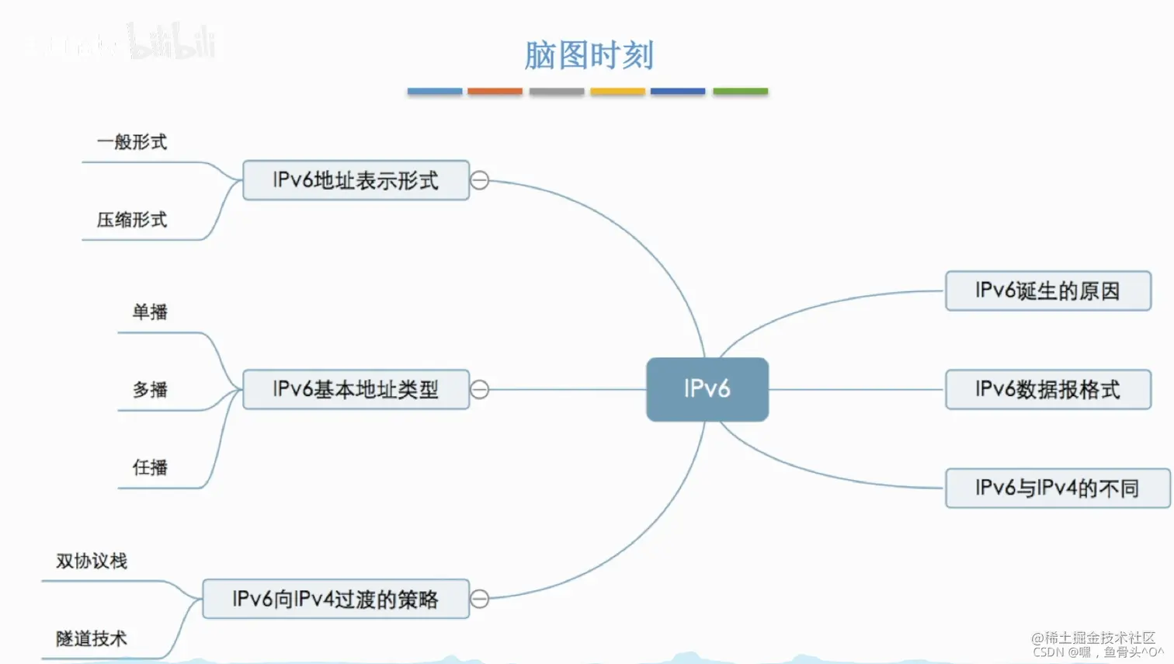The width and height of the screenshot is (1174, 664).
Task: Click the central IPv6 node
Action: pyautogui.click(x=707, y=389)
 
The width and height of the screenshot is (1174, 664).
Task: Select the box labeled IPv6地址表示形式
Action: pyautogui.click(x=356, y=180)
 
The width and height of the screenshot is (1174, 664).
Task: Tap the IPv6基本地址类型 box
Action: pyautogui.click(x=356, y=389)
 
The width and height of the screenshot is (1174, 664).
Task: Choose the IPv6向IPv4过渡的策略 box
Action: pyautogui.click(x=335, y=599)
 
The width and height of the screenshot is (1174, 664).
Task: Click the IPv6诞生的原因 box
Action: pyautogui.click(x=1047, y=291)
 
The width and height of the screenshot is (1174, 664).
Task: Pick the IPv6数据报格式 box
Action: pyautogui.click(x=1047, y=389)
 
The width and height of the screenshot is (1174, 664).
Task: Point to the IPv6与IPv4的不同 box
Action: pyautogui.click(x=1057, y=488)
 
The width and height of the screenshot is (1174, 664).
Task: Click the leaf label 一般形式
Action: pyautogui.click(x=132, y=142)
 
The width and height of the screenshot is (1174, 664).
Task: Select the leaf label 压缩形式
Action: pyautogui.click(x=132, y=220)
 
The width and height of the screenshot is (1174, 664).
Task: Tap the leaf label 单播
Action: pyautogui.click(x=150, y=312)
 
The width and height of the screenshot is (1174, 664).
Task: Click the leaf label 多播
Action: pyautogui.click(x=150, y=389)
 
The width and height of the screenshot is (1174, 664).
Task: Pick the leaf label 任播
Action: pyautogui.click(x=150, y=468)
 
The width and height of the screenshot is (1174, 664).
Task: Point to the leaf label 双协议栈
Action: pyautogui.click(x=92, y=561)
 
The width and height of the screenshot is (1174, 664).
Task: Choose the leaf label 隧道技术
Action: pyautogui.click(x=92, y=638)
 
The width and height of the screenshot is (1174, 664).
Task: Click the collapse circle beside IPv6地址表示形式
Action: pyautogui.click(x=480, y=180)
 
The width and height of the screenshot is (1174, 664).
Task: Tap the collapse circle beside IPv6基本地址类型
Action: pyautogui.click(x=480, y=389)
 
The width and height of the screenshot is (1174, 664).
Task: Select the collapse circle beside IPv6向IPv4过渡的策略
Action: pyautogui.click(x=480, y=599)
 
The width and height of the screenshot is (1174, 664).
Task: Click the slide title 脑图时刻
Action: pyautogui.click(x=589, y=55)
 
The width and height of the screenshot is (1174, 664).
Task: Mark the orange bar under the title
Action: pyautogui.click(x=495, y=92)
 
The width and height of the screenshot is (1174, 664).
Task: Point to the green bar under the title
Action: pyautogui.click(x=740, y=92)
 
